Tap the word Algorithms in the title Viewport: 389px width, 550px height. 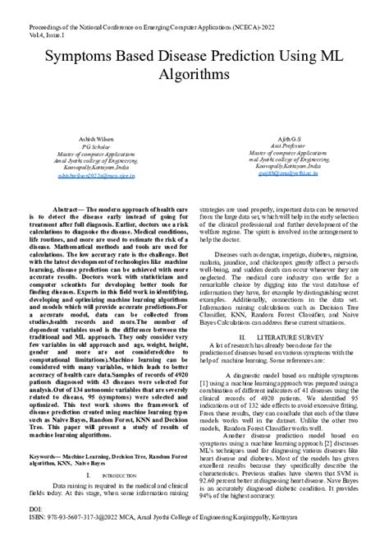(194, 75)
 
